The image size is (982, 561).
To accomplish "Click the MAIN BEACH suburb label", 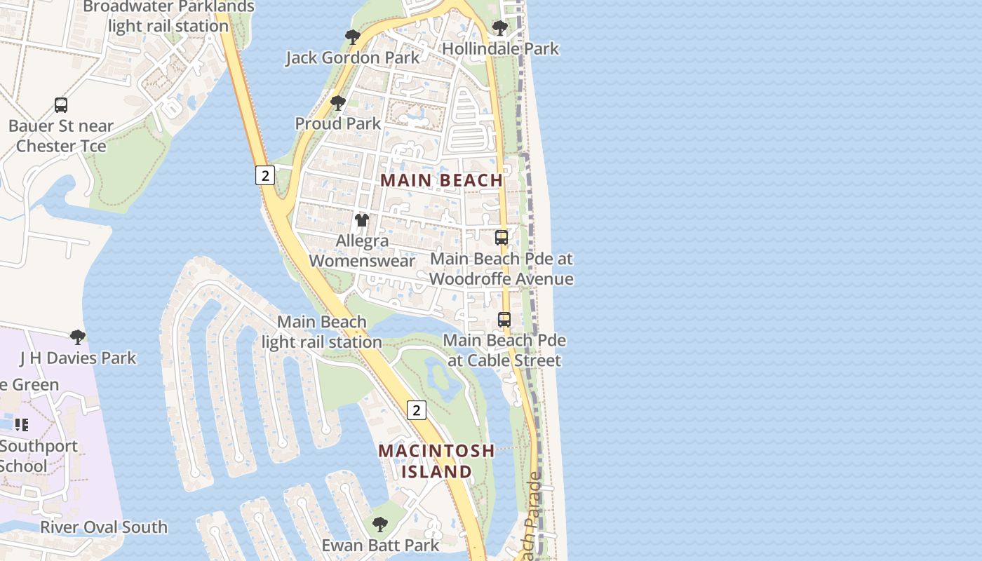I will tap(442, 180).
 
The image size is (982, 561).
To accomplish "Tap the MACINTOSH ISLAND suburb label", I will tap(436, 461).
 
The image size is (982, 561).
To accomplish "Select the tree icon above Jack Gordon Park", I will tap(353, 37).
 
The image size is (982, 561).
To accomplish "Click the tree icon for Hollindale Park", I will tap(500, 28).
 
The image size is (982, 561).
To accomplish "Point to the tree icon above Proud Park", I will tap(338, 103).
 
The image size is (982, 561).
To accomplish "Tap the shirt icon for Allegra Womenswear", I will tap(362, 220).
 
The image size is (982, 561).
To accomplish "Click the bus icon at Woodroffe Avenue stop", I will tap(502, 238).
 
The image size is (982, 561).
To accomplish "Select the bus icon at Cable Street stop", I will tap(504, 320).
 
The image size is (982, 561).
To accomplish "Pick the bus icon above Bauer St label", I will tap(61, 105).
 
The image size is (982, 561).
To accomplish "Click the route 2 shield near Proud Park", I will tap(264, 175).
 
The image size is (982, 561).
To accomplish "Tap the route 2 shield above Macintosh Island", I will tap(416, 410).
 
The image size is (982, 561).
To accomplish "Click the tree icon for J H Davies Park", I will tap(78, 337).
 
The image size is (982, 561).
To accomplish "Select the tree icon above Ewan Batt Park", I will tap(380, 524).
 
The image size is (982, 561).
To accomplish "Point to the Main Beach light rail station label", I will tap(322, 332).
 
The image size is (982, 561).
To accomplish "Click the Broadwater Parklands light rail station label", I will tap(169, 16).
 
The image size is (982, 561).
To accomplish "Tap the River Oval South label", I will tap(104, 527).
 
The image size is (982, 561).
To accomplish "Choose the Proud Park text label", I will tap(338, 123).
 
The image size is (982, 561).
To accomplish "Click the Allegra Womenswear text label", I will tap(362, 250).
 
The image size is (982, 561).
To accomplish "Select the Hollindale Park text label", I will tap(501, 48).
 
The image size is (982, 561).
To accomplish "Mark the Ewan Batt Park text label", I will tap(380, 545).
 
